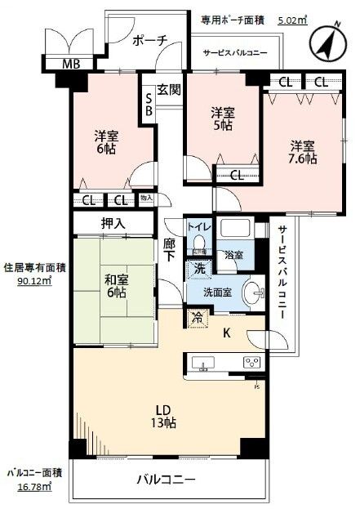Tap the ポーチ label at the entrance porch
(x=149, y=38)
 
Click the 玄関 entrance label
(x=169, y=90)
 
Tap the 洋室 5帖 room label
(x=223, y=118)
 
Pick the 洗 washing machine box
(x=199, y=268)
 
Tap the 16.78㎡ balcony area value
(x=30, y=488)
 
